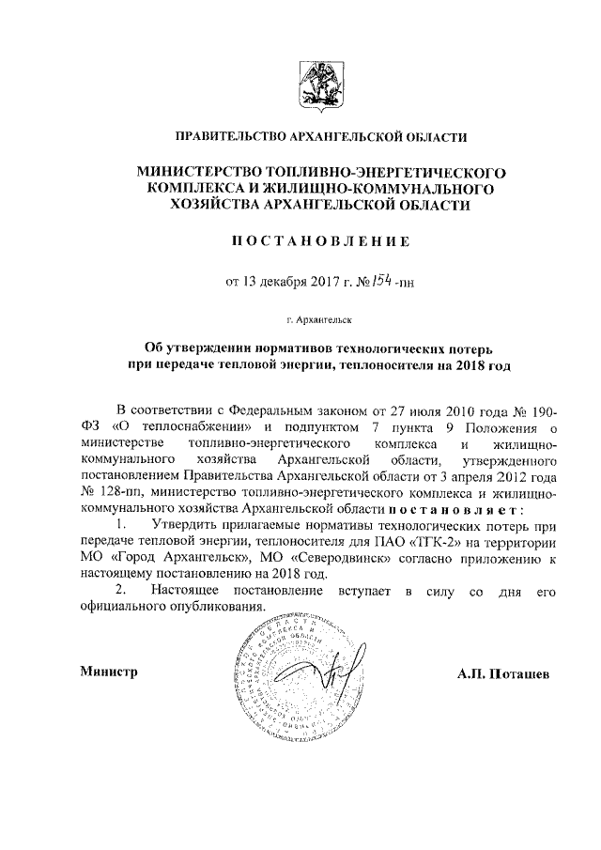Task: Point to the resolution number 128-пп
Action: [119, 492]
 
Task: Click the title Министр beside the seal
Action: [109, 672]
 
